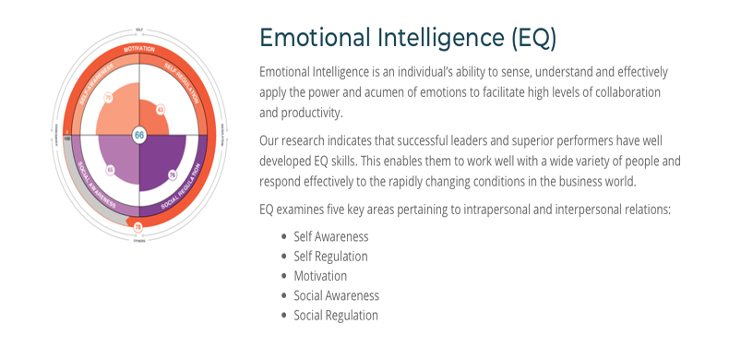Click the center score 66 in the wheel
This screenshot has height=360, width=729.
[139, 135]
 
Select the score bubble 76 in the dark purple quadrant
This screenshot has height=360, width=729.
[172, 174]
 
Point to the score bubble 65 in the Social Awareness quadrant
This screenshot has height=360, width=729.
[110, 170]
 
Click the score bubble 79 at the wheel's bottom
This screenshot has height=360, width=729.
[138, 226]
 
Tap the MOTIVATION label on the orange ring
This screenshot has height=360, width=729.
[139, 47]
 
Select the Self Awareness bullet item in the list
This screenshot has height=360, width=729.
[330, 237]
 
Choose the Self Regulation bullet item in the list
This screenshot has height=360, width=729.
[330, 257]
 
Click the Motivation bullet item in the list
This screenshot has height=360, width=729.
[320, 276]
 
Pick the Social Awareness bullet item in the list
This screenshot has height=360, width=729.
[336, 295]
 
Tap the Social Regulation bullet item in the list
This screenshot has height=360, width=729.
[336, 315]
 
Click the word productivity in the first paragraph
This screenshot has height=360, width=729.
[310, 113]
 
